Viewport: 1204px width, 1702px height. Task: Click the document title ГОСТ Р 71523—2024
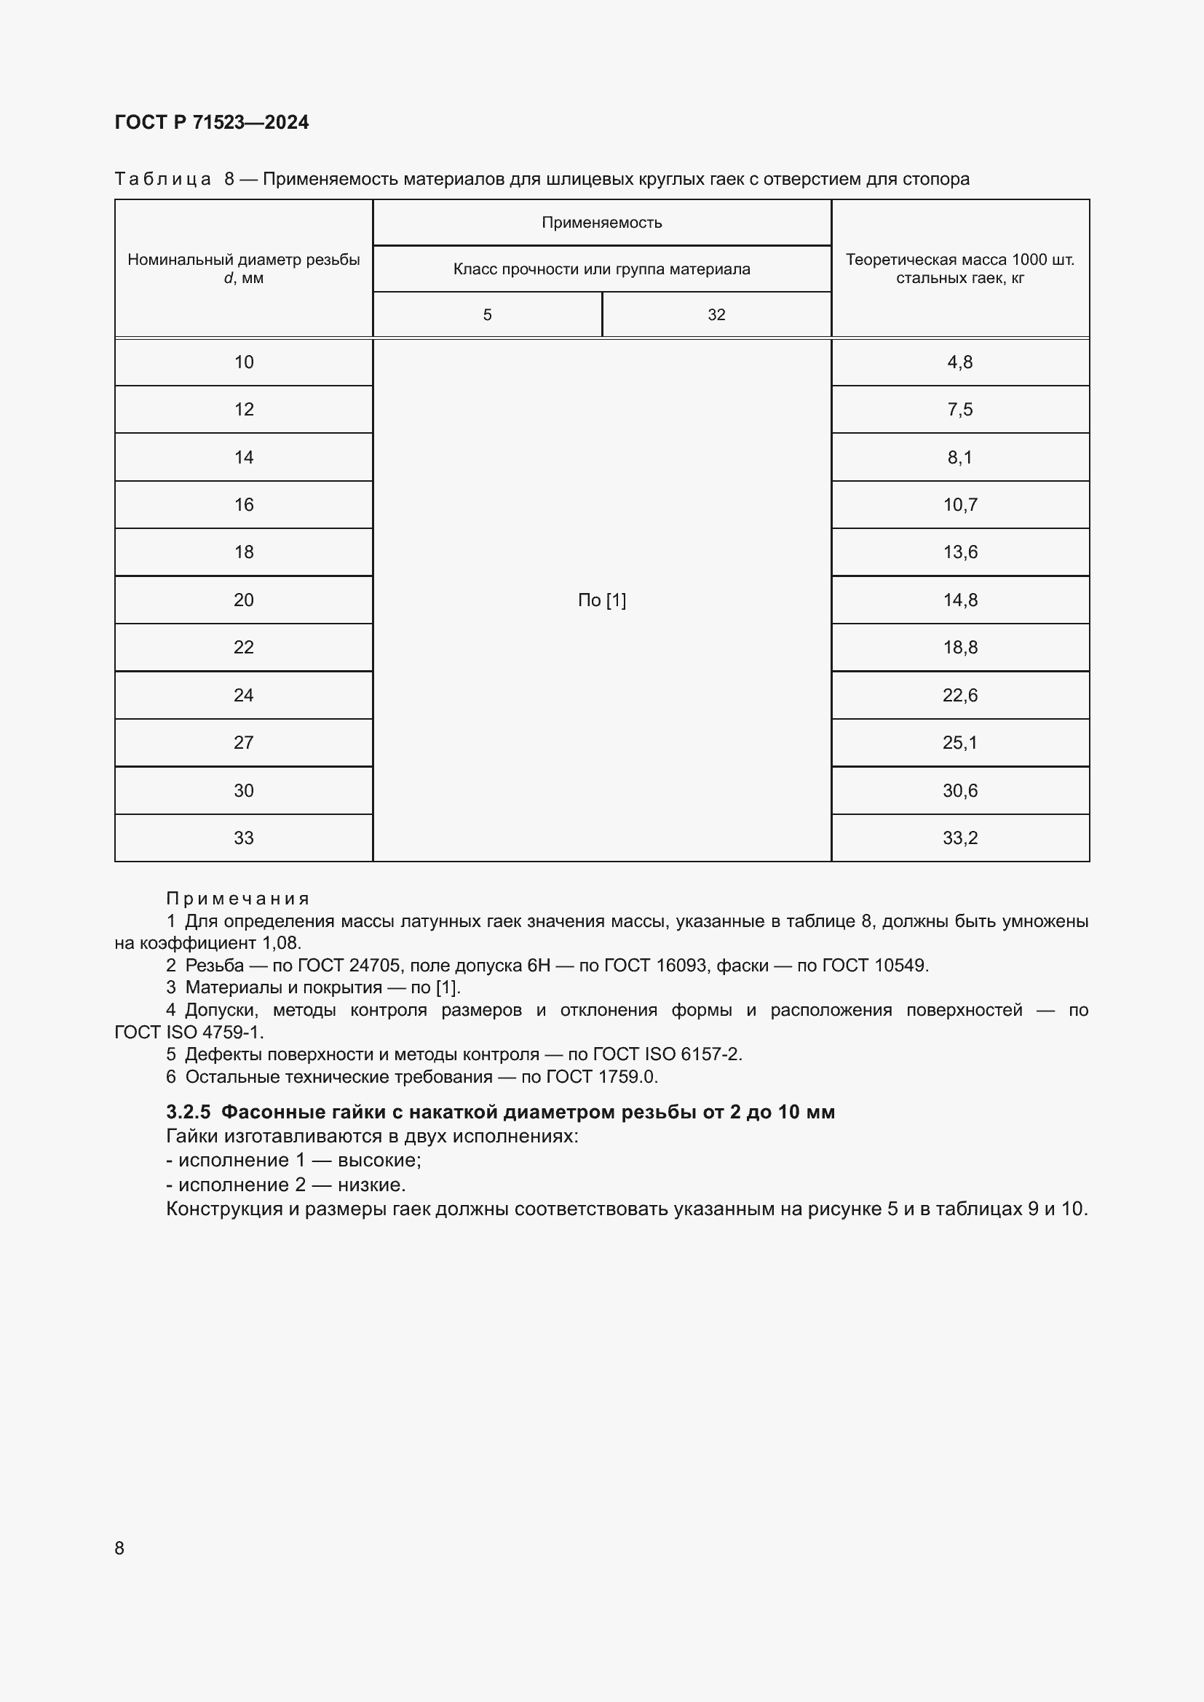tap(211, 122)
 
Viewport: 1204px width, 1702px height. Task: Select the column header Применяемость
tap(601, 223)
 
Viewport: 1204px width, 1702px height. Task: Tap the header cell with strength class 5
tap(487, 315)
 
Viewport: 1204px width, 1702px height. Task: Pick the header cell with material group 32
tap(716, 315)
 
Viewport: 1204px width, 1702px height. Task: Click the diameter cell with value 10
tap(243, 362)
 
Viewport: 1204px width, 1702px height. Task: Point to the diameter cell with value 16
tap(243, 505)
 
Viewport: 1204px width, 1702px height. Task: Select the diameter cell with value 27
tap(243, 743)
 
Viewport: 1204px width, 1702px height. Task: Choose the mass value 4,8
tap(960, 362)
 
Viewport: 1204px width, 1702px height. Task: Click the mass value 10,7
tap(960, 505)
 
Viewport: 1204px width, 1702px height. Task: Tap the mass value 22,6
tap(960, 696)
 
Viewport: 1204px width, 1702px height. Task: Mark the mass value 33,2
tap(960, 838)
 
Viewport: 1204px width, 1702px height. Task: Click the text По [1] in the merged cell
tap(601, 600)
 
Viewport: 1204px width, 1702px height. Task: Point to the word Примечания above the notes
tap(237, 899)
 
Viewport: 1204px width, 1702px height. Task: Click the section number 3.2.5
tap(189, 1113)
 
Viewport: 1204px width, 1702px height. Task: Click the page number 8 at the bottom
tap(119, 1548)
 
